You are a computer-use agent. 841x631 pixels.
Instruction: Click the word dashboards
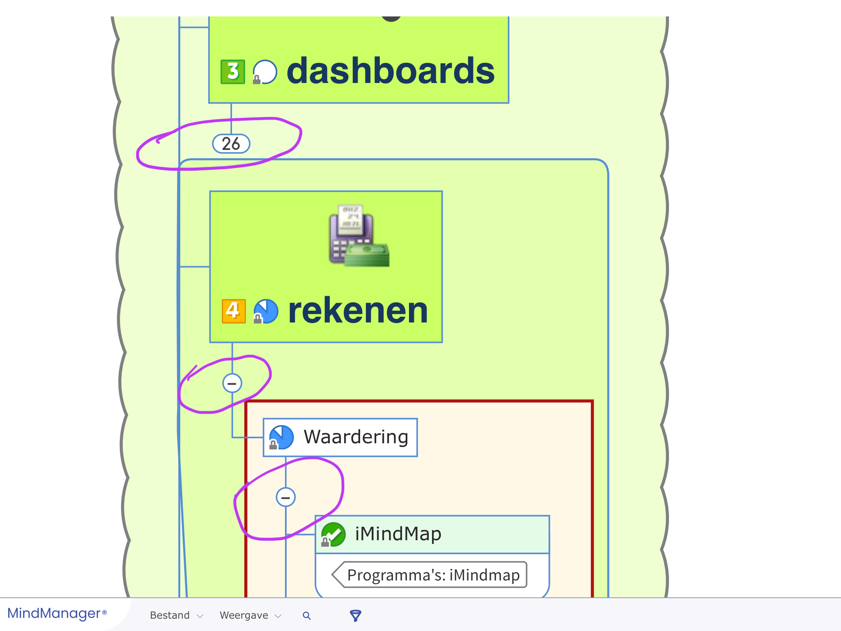[391, 71]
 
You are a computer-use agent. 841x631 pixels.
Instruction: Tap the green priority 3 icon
[233, 72]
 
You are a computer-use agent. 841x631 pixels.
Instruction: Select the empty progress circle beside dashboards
[265, 72]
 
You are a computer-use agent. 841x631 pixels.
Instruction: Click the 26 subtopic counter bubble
[231, 144]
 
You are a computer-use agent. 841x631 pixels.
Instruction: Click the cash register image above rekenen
[359, 236]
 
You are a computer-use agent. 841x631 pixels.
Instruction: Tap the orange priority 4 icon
[234, 311]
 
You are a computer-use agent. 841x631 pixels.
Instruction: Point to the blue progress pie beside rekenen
[266, 311]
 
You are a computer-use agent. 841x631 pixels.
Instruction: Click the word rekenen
[358, 311]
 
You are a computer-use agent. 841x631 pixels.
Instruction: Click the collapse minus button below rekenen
[232, 383]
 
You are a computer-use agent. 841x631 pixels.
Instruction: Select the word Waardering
[356, 437]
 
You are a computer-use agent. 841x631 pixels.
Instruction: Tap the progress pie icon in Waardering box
[281, 437]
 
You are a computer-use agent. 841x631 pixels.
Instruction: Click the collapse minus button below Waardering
[285, 497]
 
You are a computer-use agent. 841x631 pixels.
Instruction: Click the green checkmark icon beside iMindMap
[333, 534]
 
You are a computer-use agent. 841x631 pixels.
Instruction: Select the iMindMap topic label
[398, 534]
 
